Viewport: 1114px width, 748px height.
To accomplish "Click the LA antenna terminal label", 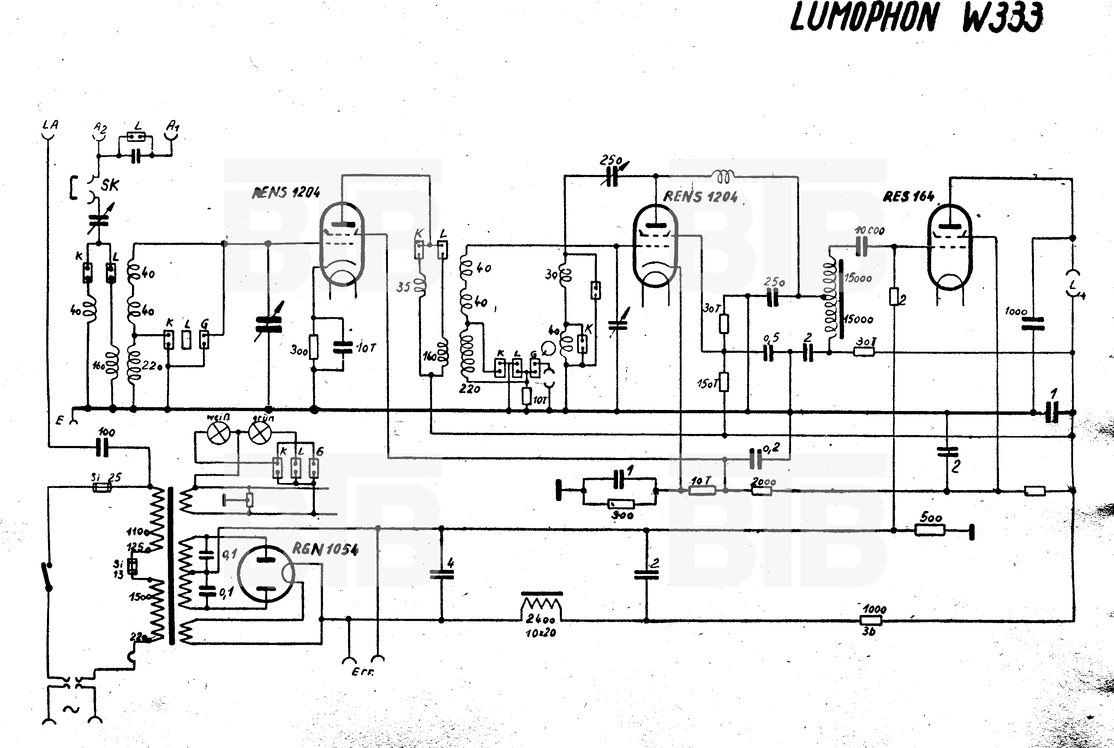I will tap(50, 125).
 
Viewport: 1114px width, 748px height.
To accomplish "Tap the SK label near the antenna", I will tap(110, 185).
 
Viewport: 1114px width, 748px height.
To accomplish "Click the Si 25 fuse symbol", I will tap(102, 488).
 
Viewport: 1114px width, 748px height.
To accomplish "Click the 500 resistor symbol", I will tap(930, 530).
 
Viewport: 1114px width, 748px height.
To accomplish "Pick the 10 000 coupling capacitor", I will tap(861, 246).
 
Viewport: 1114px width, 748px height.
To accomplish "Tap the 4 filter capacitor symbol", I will tap(442, 574).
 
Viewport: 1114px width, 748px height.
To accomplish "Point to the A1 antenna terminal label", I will tap(172, 126).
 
